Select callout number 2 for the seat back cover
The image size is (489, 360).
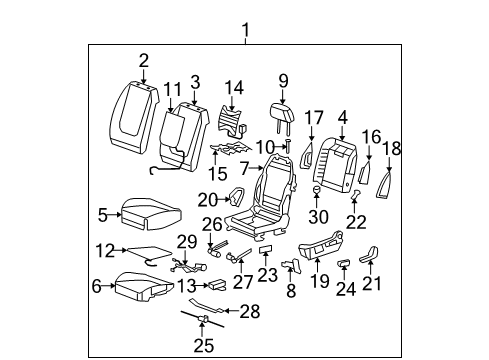[x=143, y=60]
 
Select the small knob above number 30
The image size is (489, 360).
[x=316, y=188]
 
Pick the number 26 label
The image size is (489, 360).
[x=211, y=224]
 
